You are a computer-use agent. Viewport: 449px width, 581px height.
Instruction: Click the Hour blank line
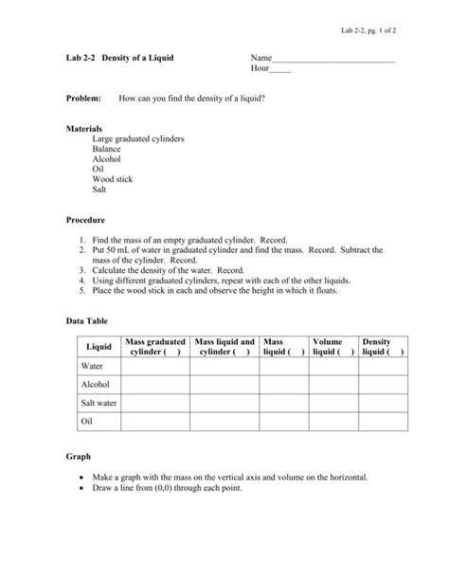click(x=280, y=70)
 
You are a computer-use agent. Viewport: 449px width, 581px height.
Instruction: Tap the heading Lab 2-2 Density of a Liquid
click(x=118, y=59)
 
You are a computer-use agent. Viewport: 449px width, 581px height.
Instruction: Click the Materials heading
click(x=84, y=128)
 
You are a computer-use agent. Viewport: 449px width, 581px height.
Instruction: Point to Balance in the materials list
click(x=107, y=149)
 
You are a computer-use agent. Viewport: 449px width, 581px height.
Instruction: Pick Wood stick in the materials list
click(x=112, y=179)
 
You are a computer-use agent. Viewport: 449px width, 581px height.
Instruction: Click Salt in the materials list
click(x=99, y=190)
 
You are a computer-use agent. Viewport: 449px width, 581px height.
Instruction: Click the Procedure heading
click(x=85, y=219)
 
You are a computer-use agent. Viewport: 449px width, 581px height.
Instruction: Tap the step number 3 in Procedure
click(x=83, y=270)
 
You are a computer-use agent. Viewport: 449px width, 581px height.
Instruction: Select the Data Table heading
click(x=86, y=321)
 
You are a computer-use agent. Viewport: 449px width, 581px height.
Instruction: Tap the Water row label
click(x=92, y=366)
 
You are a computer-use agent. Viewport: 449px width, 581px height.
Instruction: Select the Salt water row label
click(x=99, y=403)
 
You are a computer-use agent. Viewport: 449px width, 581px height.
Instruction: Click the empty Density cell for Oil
click(x=382, y=422)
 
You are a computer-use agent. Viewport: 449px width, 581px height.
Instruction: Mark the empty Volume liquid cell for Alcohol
click(x=332, y=385)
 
